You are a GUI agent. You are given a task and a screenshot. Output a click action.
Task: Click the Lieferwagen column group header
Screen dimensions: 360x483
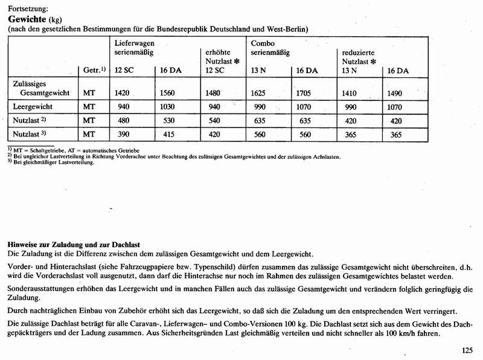click(x=135, y=43)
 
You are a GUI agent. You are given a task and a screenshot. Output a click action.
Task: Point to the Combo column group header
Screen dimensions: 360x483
click(x=263, y=43)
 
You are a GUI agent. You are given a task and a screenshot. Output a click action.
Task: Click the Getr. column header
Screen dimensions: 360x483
click(x=94, y=70)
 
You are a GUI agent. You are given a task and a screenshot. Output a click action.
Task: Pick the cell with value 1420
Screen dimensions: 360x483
click(x=123, y=93)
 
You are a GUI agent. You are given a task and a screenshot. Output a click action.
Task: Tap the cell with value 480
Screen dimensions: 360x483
click(x=122, y=120)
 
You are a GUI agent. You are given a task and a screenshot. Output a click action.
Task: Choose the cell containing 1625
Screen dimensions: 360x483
click(x=260, y=93)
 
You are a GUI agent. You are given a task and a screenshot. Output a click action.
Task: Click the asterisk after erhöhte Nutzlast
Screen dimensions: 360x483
click(x=238, y=62)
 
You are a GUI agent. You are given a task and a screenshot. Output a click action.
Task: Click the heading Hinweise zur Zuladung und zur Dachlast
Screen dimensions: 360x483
click(x=72, y=244)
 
